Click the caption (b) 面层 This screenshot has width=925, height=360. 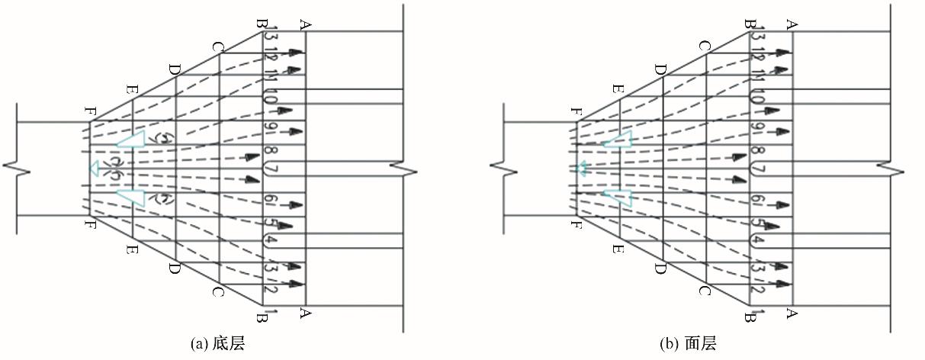click(x=689, y=345)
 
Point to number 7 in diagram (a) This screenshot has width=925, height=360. click(x=272, y=168)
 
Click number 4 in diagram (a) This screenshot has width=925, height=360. click(x=272, y=242)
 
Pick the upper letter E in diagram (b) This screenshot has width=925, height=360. click(x=618, y=90)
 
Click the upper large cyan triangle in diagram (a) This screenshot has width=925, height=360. click(x=131, y=140)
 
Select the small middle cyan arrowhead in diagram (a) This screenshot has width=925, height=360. click(x=95, y=169)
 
